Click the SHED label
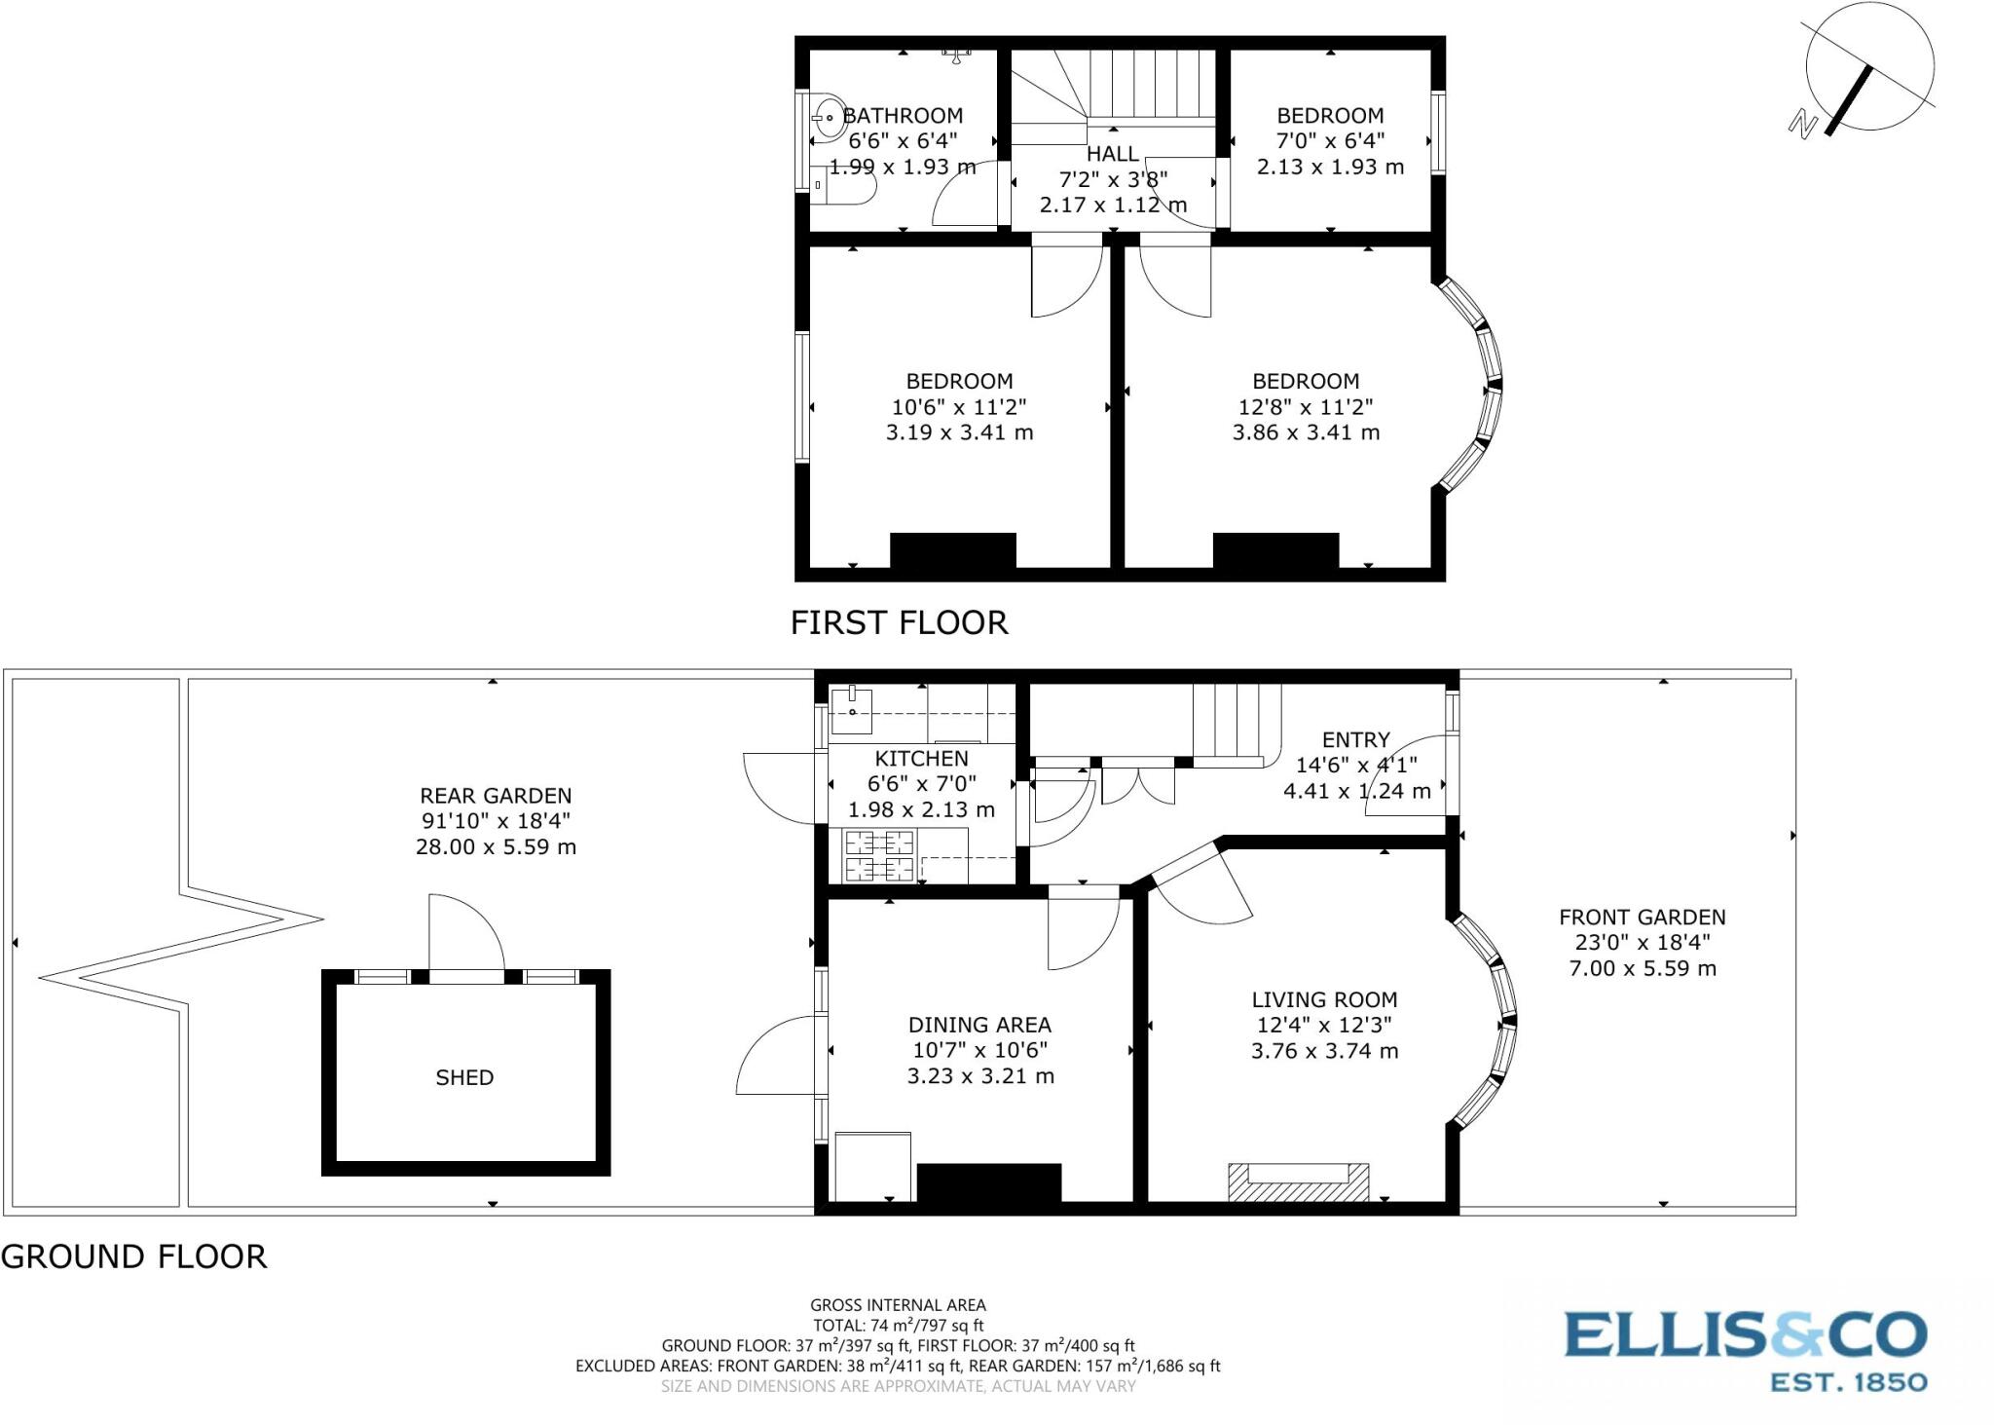[464, 1077]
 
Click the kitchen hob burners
[880, 855]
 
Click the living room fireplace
[1298, 1181]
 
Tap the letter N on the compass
[1803, 124]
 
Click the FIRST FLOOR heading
[899, 622]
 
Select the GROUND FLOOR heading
[133, 1256]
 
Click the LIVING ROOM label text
[1324, 999]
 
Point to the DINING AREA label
[979, 1025]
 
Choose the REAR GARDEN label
[496, 796]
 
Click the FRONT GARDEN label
[1642, 917]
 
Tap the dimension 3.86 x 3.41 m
[1306, 432]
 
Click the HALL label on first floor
[1112, 154]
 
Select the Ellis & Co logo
[1745, 1334]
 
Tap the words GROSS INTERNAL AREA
[898, 1305]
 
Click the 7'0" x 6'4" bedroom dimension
[1330, 141]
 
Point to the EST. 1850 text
[1848, 1382]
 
